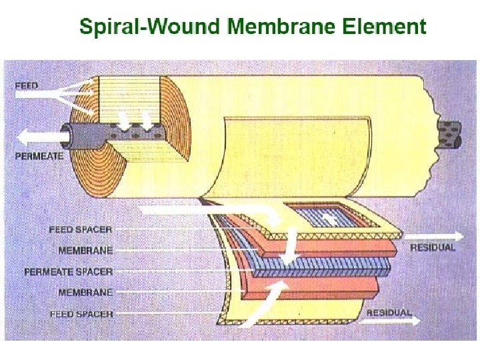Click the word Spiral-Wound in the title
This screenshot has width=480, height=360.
pyautogui.click(x=149, y=27)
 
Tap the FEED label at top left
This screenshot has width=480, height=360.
pyautogui.click(x=27, y=85)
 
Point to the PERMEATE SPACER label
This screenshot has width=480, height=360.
pyautogui.click(x=69, y=271)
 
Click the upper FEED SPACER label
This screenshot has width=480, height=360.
pyautogui.click(x=81, y=229)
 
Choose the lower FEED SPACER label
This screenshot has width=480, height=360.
pyautogui.click(x=81, y=314)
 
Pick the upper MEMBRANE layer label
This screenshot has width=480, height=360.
pyautogui.click(x=85, y=251)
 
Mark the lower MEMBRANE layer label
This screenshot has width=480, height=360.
pyautogui.click(x=85, y=293)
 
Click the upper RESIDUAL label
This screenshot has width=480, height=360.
pyautogui.click(x=433, y=247)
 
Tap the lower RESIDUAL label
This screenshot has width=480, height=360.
pyautogui.click(x=389, y=312)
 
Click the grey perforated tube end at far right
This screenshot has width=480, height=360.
pyautogui.click(x=449, y=133)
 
